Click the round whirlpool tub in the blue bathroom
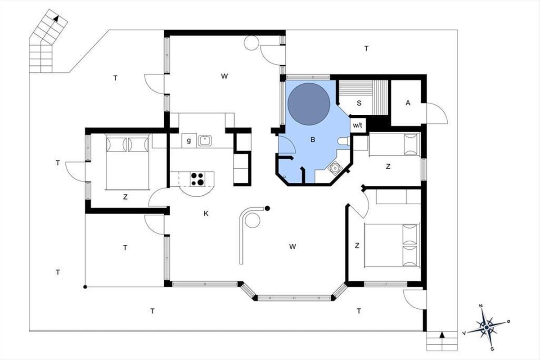pyautogui.click(x=309, y=104)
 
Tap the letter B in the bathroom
pyautogui.click(x=313, y=139)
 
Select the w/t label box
pyautogui.click(x=358, y=126)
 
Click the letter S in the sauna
pyautogui.click(x=359, y=103)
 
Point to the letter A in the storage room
pyautogui.click(x=408, y=103)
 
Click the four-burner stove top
pyautogui.click(x=198, y=179)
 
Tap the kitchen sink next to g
pyautogui.click(x=205, y=140)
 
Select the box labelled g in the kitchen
pyautogui.click(x=189, y=140)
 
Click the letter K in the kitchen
pyautogui.click(x=206, y=214)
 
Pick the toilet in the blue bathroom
pyautogui.click(x=343, y=141)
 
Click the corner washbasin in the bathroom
pyautogui.click(x=335, y=167)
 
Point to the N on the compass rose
pyautogui.click(x=481, y=306)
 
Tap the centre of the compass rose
pyautogui.click(x=487, y=327)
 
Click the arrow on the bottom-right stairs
pyautogui.click(x=442, y=335)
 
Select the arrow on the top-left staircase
pyautogui.click(x=56, y=18)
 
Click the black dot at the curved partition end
pyautogui.click(x=267, y=208)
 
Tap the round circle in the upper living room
pyautogui.click(x=252, y=43)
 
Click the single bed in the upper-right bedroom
pyautogui.click(x=395, y=144)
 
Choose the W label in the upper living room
pyautogui.click(x=225, y=76)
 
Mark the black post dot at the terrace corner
pyautogui.click(x=85, y=287)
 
